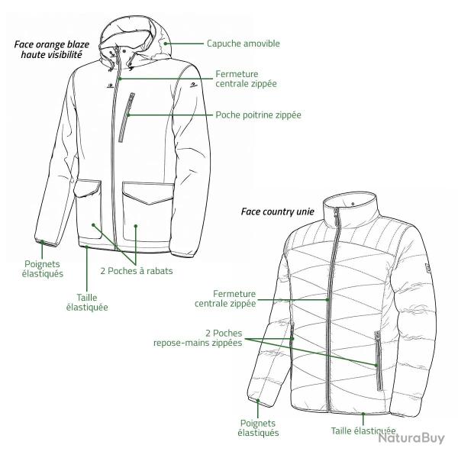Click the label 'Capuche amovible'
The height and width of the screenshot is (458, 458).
pos(244,44)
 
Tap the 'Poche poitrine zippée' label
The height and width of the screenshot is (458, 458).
pos(258,114)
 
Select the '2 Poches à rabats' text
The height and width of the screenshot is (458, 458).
pos(137,271)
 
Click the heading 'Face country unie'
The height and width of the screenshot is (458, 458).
pos(278,211)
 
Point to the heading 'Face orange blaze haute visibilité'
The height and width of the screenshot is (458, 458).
pos(52,50)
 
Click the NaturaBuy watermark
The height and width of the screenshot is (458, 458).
pos(411,438)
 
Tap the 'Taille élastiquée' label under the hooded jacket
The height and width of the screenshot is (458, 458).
pos(87,302)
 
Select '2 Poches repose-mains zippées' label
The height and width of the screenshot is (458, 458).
pos(198,337)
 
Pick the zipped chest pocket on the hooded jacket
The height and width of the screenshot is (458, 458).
pos(127,118)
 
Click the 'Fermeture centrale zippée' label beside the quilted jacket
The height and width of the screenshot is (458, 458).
pos(225,298)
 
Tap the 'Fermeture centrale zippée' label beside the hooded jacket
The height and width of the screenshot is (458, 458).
pos(246,79)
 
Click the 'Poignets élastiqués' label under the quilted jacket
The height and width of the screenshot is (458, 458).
pos(258,427)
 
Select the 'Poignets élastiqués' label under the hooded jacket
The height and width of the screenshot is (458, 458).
pos(42,269)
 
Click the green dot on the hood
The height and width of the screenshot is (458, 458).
pos(166,44)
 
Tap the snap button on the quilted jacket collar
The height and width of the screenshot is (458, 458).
pos(353,204)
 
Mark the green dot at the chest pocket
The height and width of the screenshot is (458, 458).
pos(129,114)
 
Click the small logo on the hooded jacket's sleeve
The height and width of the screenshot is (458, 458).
pos(193,85)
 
